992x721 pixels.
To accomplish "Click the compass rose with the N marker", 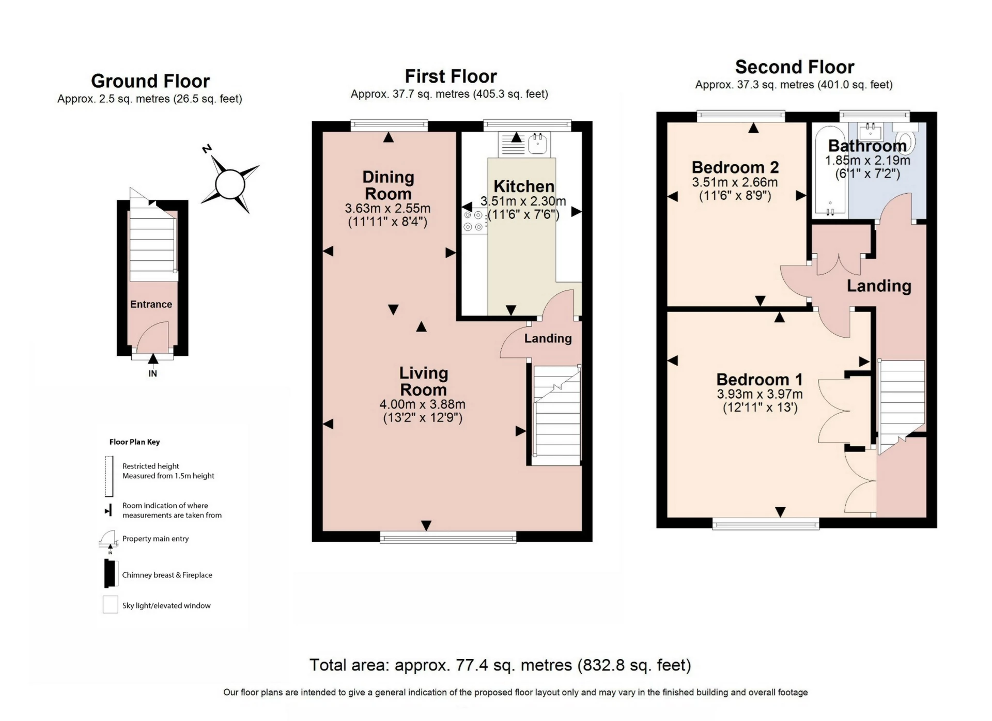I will point(230,184).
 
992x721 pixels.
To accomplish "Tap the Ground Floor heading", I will point(150,81).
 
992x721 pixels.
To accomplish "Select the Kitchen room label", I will point(523,186).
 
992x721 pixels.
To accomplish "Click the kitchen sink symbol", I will point(537,144).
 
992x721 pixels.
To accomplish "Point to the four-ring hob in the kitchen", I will point(474,221).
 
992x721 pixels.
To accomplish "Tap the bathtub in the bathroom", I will point(830,170).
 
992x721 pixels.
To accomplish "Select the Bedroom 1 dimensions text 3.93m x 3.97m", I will point(760,395).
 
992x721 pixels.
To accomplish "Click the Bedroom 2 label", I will point(735,167).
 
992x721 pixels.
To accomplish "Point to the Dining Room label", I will point(388,185).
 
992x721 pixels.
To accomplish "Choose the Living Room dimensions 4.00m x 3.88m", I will point(422,404).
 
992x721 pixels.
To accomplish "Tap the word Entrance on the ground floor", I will point(151,304).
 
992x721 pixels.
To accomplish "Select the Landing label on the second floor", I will point(878,286).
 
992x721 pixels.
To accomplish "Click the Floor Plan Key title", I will point(134,442).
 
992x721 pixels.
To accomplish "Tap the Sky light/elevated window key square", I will point(110,604).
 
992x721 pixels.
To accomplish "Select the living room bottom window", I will point(448,538).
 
